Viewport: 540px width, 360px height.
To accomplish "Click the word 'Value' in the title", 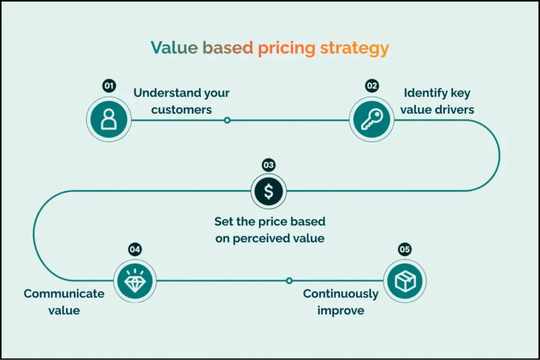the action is click(174, 47).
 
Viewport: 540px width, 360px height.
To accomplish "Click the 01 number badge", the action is click(109, 86).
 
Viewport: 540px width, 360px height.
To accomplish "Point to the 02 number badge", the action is click(372, 86).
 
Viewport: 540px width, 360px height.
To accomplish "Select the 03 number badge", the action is click(268, 165).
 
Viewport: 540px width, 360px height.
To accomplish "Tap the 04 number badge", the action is click(134, 249).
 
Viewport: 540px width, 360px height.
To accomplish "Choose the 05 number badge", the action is click(404, 249).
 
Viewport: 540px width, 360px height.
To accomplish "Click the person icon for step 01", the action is click(109, 120).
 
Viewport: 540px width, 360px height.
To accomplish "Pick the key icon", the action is click(372, 120).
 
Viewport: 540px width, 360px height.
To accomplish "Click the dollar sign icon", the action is click(268, 191).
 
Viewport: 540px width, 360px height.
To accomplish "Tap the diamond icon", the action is click(135, 281).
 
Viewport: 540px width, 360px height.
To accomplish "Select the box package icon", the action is click(405, 281).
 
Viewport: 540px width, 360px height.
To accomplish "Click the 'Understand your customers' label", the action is click(181, 101).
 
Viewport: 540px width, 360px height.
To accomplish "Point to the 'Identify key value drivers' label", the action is click(437, 101).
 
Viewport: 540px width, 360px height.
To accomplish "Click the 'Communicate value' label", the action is click(64, 302).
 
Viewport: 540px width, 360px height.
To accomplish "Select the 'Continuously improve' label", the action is click(341, 302).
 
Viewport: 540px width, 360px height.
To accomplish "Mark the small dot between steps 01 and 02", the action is click(227, 120).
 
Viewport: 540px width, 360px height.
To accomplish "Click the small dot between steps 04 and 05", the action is click(290, 280).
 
